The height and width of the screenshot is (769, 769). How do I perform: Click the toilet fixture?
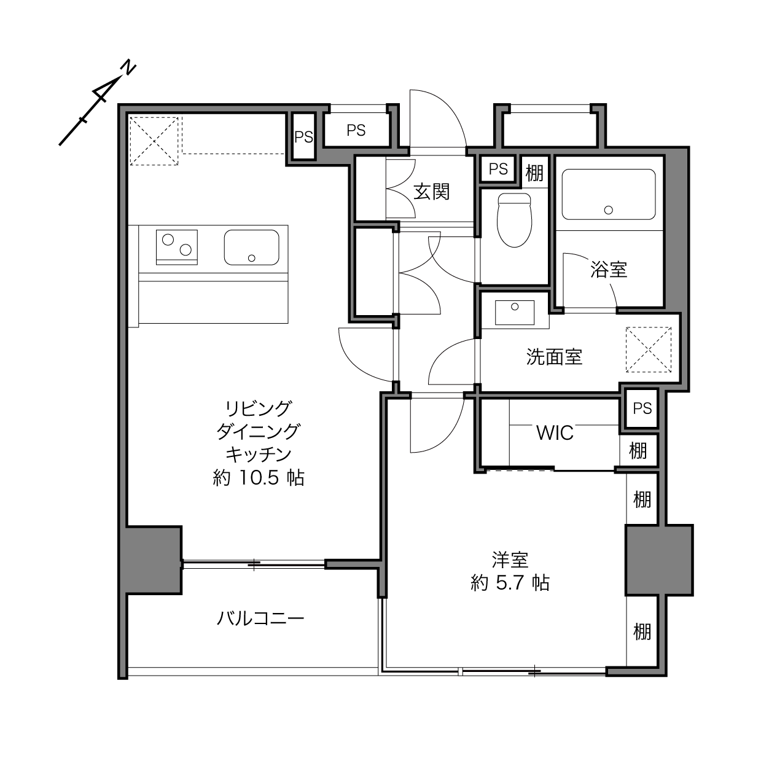click(514, 220)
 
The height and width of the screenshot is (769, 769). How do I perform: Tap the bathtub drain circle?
click(608, 210)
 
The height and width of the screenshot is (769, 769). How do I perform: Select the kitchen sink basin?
click(251, 248)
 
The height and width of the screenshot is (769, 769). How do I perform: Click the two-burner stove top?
click(177, 247)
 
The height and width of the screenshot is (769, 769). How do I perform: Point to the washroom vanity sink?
click(514, 313)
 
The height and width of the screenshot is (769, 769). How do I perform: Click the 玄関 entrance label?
click(431, 192)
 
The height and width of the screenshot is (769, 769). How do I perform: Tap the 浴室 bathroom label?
click(609, 270)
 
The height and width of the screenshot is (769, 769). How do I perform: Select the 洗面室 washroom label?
click(554, 357)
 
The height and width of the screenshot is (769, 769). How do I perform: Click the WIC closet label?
click(555, 433)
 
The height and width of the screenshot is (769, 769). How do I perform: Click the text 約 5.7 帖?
click(510, 583)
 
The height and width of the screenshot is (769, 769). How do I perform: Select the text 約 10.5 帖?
click(259, 478)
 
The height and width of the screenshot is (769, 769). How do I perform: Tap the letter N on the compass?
click(128, 68)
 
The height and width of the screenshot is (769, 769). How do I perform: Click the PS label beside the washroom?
click(642, 408)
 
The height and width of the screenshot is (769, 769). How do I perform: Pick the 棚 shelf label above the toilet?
click(534, 173)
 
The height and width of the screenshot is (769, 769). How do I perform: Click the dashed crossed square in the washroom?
click(649, 349)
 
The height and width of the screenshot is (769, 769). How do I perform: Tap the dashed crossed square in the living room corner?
click(154, 141)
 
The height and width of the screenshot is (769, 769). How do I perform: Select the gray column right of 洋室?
click(659, 560)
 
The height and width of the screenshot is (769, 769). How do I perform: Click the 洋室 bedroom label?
click(510, 560)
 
